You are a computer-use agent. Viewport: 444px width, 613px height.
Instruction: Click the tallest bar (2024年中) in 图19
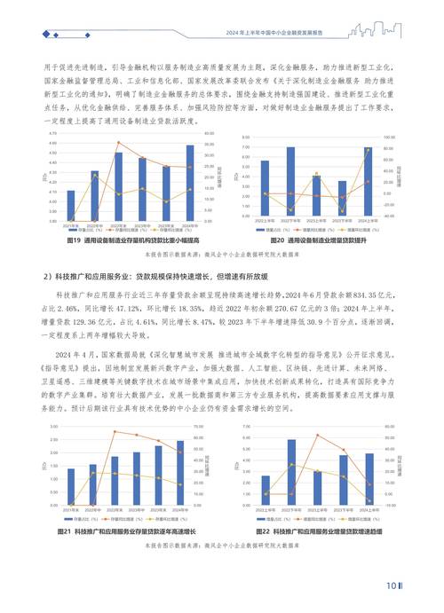coord(189,183)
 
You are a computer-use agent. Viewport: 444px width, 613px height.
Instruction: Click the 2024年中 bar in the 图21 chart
coord(181,478)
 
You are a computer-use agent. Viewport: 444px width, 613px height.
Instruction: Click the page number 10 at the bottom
coord(391,585)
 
